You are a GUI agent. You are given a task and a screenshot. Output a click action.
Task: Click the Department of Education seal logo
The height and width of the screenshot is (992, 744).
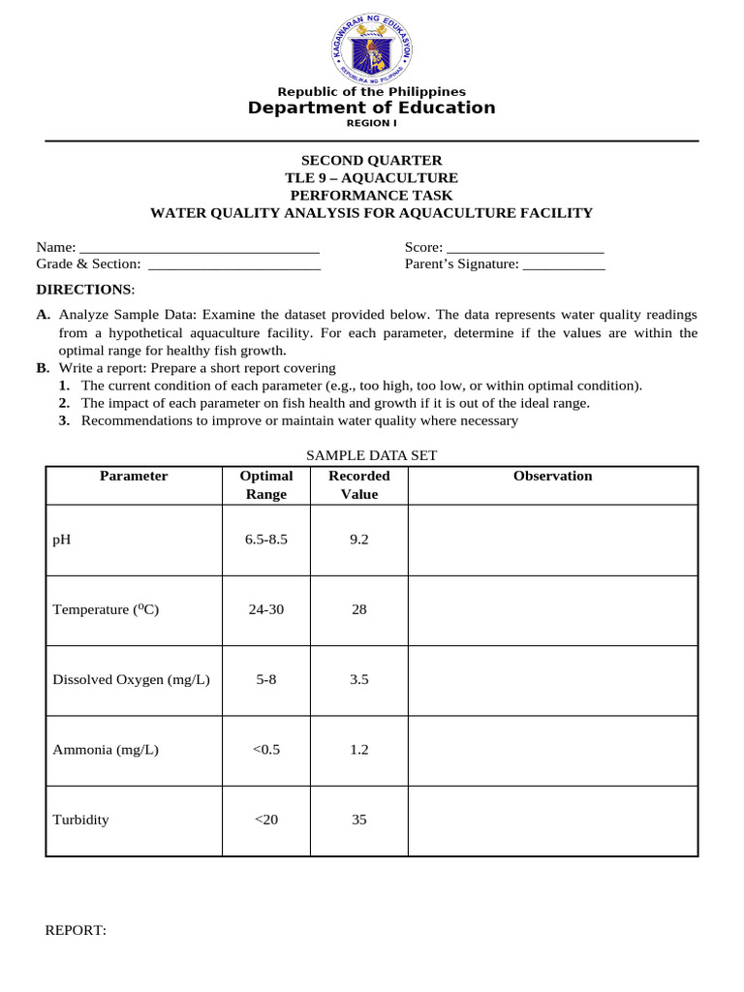[372, 46]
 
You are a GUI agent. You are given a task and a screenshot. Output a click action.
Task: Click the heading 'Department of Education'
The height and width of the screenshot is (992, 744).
[372, 108]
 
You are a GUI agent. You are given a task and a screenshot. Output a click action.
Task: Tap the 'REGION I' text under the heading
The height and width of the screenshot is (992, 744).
[372, 124]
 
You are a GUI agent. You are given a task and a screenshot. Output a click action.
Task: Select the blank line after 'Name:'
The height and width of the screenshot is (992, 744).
[200, 248]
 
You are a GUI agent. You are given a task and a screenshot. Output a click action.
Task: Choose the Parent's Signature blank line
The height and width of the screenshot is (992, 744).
[564, 264]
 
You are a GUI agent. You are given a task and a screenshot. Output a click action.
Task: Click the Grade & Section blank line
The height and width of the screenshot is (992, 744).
[233, 264]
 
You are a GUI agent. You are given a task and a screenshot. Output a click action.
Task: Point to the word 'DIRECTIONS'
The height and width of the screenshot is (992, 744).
[83, 290]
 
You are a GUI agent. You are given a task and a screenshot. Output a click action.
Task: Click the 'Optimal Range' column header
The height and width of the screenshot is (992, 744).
[266, 485]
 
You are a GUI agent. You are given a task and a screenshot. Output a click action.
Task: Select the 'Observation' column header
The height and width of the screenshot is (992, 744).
[552, 477]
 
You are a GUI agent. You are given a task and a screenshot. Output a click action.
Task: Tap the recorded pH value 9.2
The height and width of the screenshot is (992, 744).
[359, 540]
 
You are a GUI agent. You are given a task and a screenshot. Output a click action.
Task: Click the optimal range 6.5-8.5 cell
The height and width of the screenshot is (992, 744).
[266, 540]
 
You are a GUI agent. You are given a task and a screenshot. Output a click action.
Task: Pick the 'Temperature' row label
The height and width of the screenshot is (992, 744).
[106, 609]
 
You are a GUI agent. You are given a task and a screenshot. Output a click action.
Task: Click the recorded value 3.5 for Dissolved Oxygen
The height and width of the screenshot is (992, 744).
[359, 680]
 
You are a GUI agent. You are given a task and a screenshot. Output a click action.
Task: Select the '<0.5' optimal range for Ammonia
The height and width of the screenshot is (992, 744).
[266, 750]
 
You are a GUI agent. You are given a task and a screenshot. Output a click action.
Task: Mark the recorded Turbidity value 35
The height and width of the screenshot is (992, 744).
[359, 820]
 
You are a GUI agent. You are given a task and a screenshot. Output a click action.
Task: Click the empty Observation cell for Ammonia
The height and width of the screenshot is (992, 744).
[552, 750]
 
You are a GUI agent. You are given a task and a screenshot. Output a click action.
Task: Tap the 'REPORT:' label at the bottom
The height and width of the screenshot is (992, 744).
[76, 930]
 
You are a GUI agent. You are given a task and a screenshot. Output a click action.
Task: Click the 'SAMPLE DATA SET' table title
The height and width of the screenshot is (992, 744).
[372, 454]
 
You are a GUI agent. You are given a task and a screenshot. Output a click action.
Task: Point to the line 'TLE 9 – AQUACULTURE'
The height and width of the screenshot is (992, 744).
[372, 178]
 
